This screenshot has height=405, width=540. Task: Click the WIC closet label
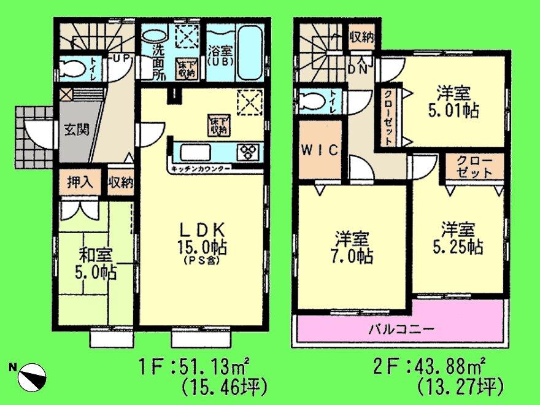pyautogui.click(x=319, y=151)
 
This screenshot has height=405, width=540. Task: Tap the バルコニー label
pyautogui.click(x=401, y=329)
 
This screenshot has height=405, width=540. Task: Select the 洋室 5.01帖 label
pyautogui.click(x=454, y=103)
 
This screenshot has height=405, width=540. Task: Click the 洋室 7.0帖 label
pyautogui.click(x=352, y=247)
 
